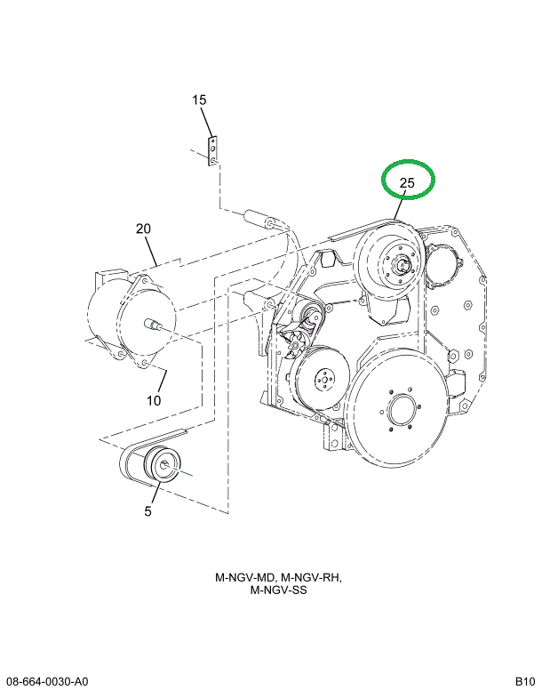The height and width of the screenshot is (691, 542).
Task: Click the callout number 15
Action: [200, 100]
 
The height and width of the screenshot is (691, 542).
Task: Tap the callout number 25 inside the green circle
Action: [407, 184]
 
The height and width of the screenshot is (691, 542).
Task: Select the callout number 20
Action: [144, 229]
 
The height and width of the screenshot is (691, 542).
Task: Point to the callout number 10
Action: [154, 400]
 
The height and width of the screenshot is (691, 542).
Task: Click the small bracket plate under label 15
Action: [213, 150]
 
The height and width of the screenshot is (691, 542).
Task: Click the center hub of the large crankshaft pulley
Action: [398, 416]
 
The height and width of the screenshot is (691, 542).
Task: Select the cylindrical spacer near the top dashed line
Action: [257, 218]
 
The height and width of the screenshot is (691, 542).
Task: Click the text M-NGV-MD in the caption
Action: [244, 577]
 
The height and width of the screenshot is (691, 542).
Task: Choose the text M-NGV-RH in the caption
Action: [312, 577]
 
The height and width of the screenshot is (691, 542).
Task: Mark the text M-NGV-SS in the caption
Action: [278, 591]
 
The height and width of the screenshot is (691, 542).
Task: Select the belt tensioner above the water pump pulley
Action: [309, 317]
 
